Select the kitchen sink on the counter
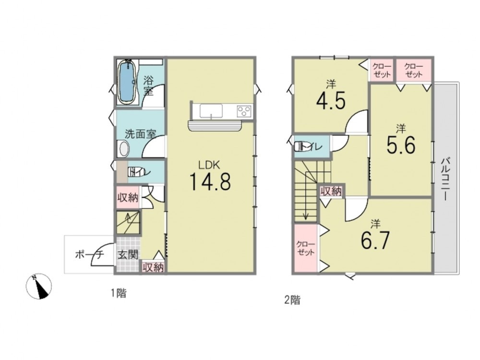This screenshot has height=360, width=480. pyautogui.click(x=211, y=110)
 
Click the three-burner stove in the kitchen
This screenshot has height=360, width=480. pyautogui.click(x=244, y=110)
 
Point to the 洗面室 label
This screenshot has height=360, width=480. pyautogui.click(x=140, y=134)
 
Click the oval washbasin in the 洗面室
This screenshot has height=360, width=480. pyautogui.click(x=124, y=149)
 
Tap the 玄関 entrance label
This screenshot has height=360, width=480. pyautogui.click(x=128, y=255)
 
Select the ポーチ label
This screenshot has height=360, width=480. pyautogui.click(x=90, y=254)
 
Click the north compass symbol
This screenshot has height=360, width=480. pyautogui.click(x=38, y=286)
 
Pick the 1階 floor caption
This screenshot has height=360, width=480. pyautogui.click(x=119, y=293)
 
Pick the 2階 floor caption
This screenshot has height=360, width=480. pyautogui.click(x=292, y=300)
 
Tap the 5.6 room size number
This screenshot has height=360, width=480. pyautogui.click(x=401, y=145)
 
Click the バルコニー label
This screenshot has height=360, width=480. pyautogui.click(x=445, y=180)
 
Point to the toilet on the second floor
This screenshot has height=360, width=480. pyautogui.click(x=298, y=146)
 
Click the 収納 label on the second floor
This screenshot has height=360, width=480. pyautogui.click(x=331, y=192)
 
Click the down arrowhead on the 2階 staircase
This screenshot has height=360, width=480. pyautogui.click(x=306, y=217)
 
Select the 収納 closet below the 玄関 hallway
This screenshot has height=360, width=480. pyautogui.click(x=153, y=267)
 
